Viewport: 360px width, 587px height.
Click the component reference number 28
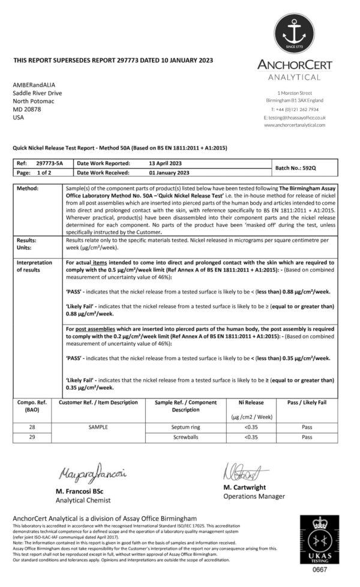tap(32, 427)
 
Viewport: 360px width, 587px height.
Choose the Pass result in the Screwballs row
tap(307, 437)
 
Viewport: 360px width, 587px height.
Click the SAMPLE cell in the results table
tap(98, 427)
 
